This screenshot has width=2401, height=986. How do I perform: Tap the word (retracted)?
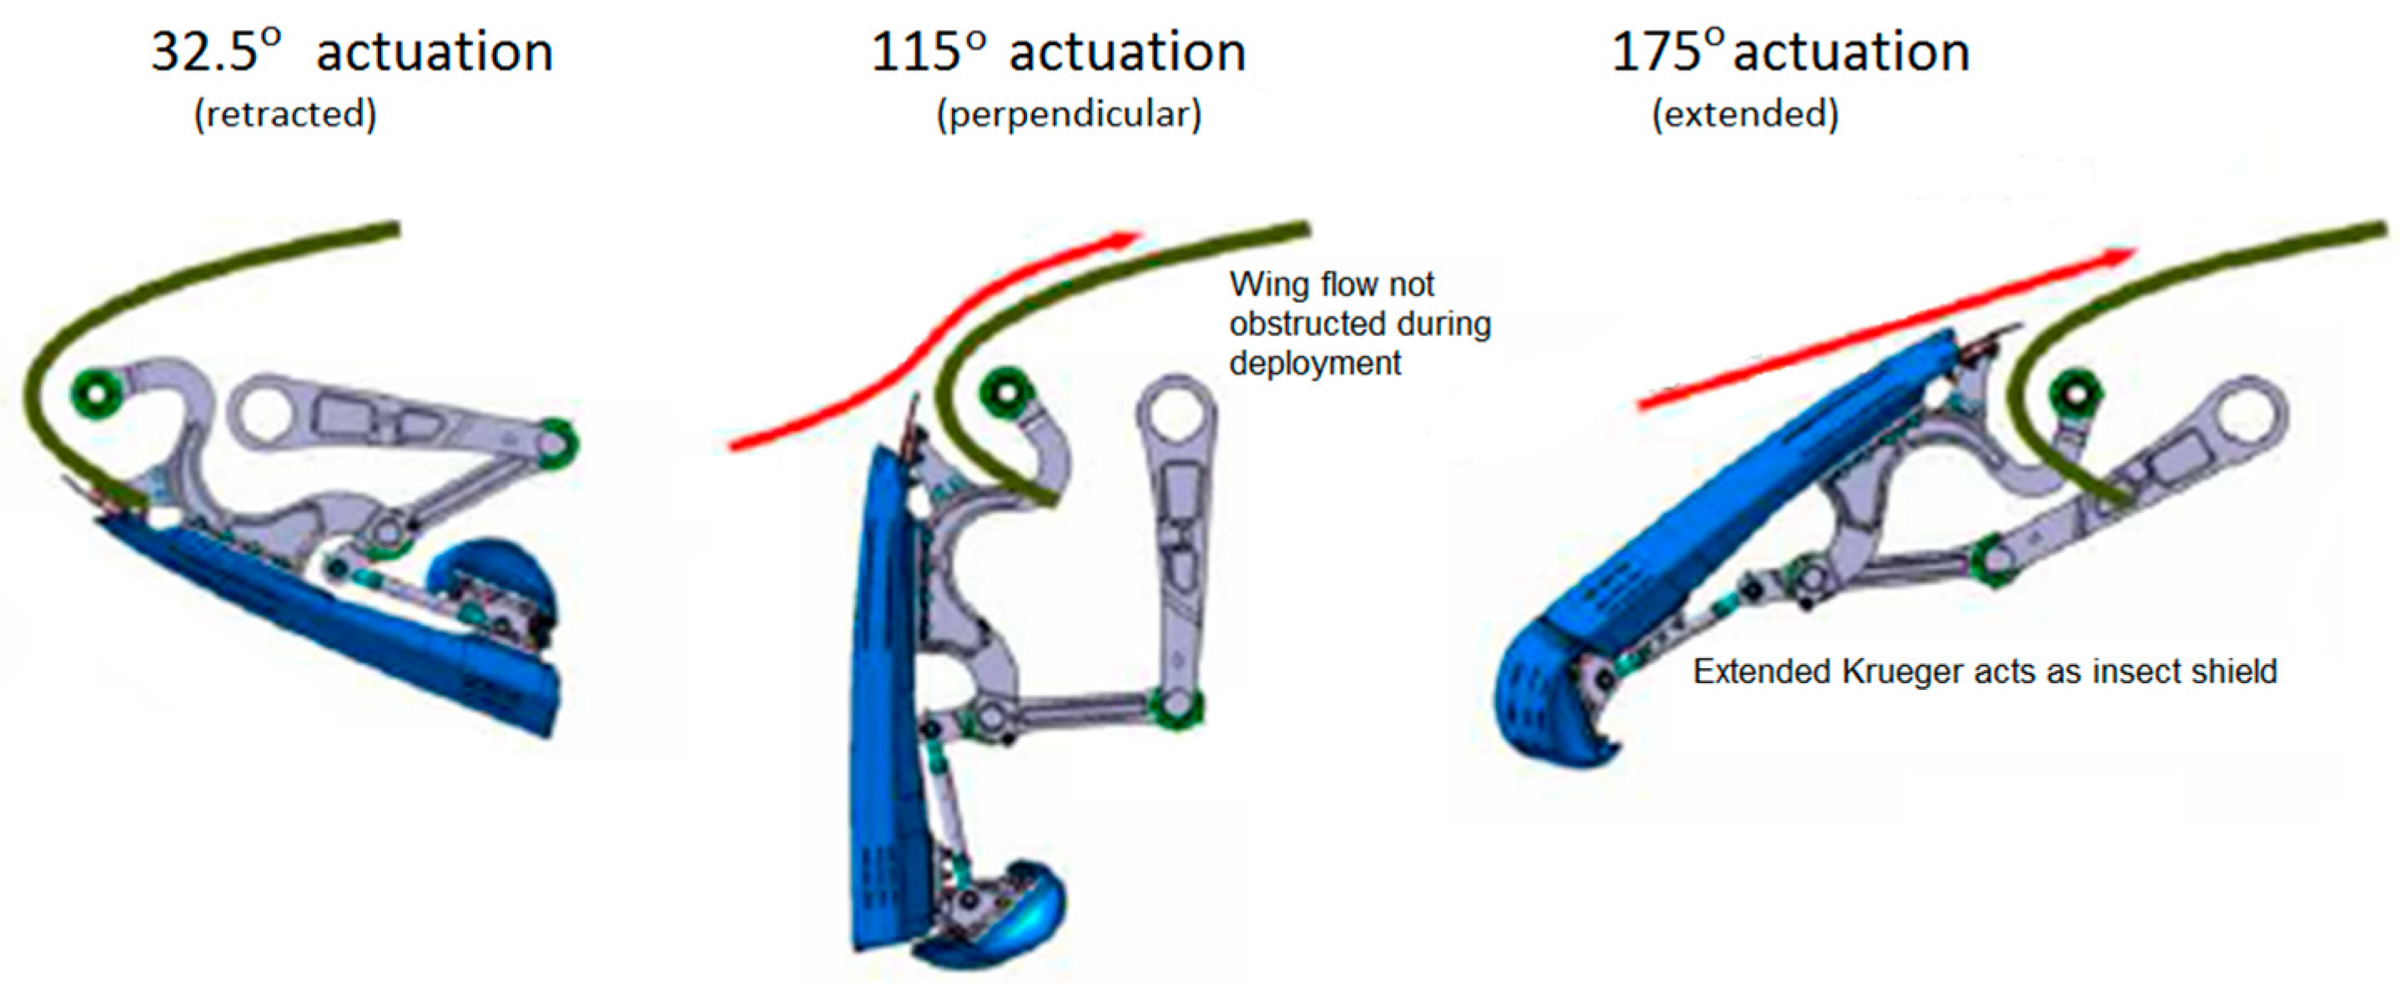285,114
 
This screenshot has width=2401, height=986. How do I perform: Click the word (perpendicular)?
1069,114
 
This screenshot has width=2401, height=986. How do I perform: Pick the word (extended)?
1744,114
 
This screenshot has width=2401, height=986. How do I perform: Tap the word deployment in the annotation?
1315,364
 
